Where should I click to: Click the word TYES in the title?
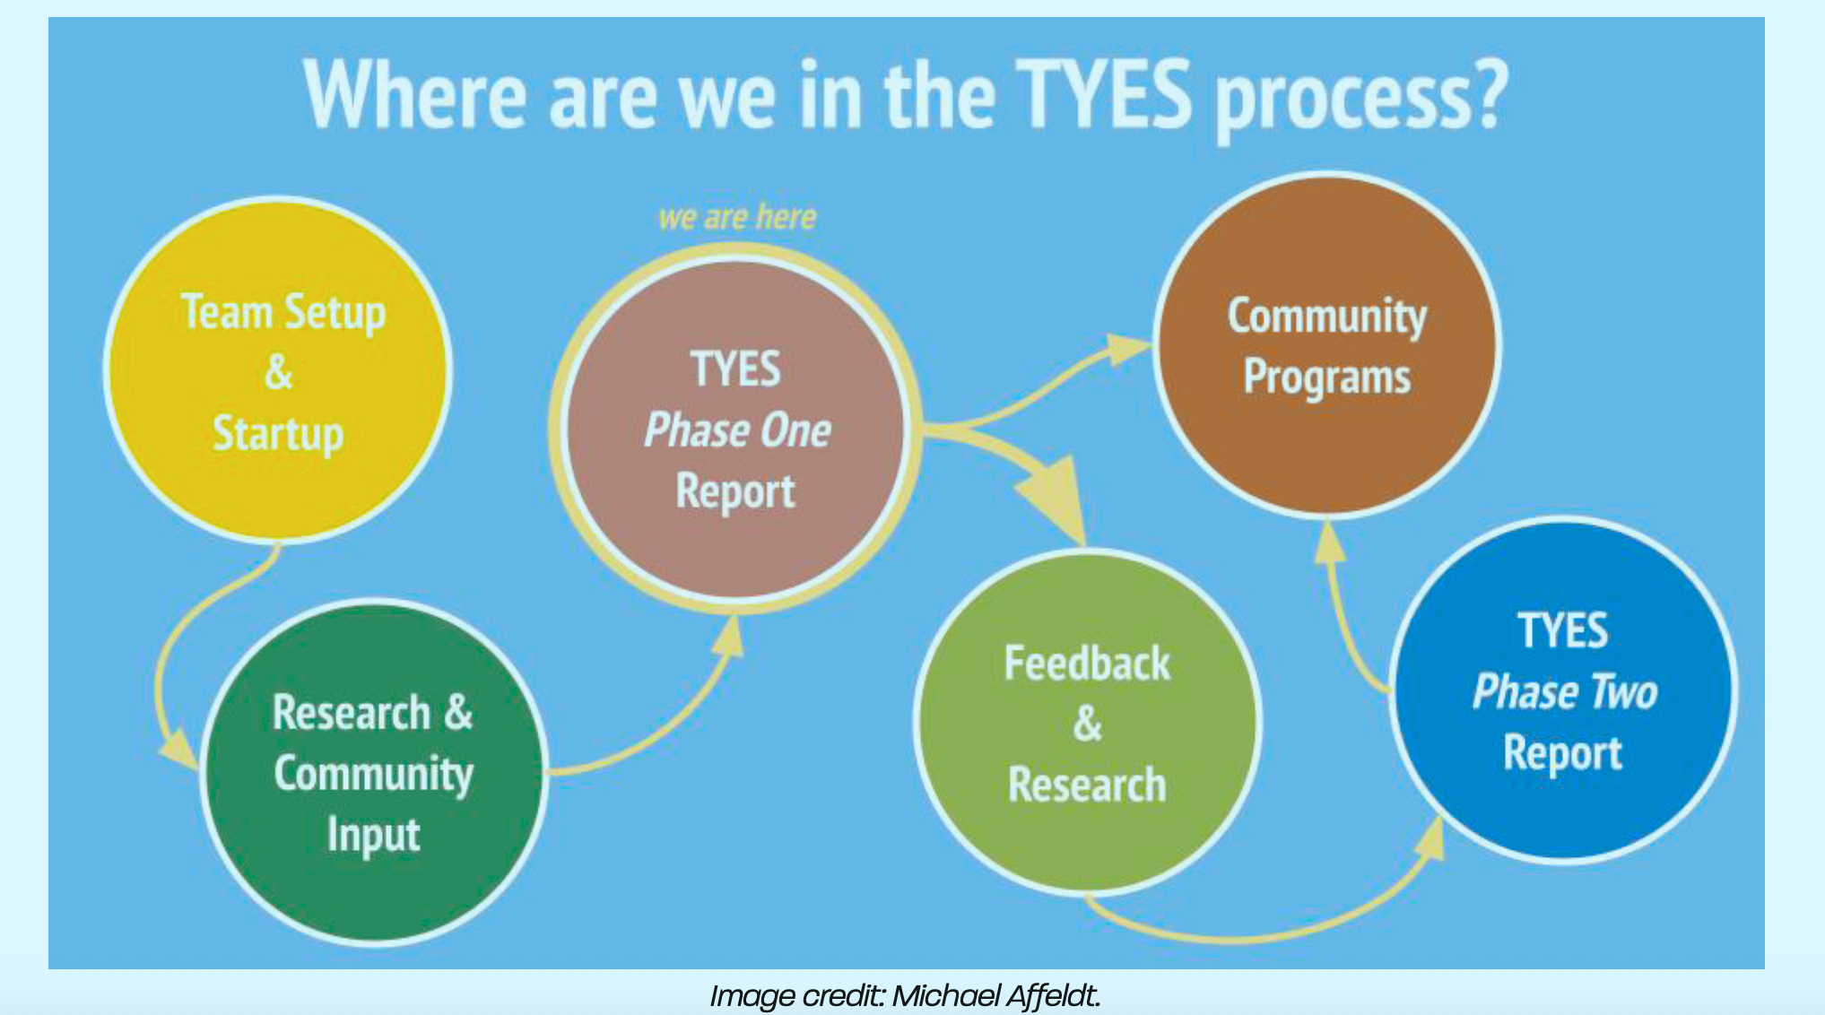(x=1104, y=95)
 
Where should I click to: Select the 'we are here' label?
(x=737, y=218)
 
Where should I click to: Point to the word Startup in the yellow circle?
(x=278, y=434)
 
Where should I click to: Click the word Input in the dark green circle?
(x=373, y=835)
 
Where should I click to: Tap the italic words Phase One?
(x=737, y=430)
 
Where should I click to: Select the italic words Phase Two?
(x=1565, y=692)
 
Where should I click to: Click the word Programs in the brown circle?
(x=1327, y=377)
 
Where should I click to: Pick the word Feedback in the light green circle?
(x=1087, y=664)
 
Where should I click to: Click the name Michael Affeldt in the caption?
(x=995, y=995)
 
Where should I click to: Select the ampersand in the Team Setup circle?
(x=278, y=372)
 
